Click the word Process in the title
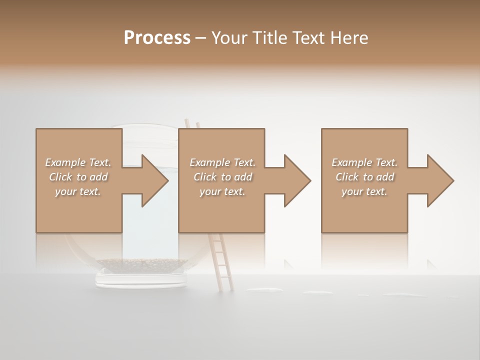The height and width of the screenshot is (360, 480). [157, 38]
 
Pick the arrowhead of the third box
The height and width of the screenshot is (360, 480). [439, 180]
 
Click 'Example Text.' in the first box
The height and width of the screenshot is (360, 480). [78, 162]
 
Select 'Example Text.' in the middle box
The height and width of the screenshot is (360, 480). [222, 162]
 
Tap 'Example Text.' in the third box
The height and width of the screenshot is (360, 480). [364, 162]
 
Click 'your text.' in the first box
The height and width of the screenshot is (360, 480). [78, 191]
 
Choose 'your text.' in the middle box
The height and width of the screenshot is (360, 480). [222, 191]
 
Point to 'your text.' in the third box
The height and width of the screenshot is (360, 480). [364, 191]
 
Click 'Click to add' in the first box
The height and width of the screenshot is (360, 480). [78, 177]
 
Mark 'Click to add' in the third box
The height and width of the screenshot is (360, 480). [365, 177]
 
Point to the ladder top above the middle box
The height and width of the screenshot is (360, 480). [192, 123]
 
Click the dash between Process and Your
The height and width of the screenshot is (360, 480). [201, 38]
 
